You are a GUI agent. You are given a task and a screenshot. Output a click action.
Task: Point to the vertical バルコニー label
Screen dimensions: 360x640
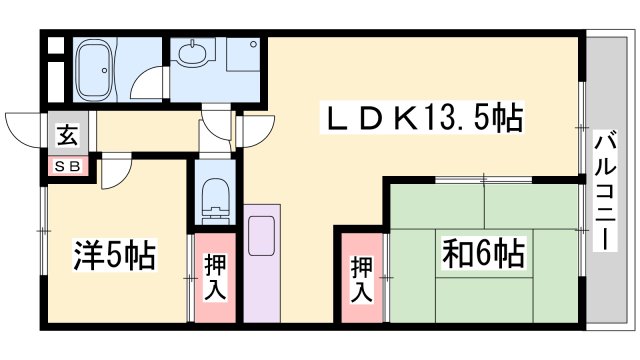[x=604, y=191]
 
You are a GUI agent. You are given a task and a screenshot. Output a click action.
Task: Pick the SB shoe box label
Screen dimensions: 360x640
[x=64, y=164]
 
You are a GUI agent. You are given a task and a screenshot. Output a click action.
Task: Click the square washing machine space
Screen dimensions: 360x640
[x=243, y=56]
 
